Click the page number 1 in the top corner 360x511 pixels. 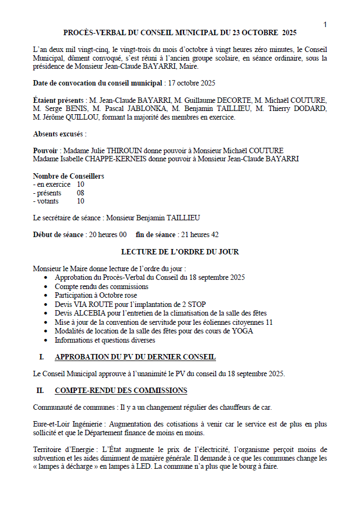tap(325, 24)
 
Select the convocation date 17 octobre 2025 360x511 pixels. tap(192, 83)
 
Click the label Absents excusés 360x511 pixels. tap(60, 134)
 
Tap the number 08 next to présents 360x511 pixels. tap(81, 193)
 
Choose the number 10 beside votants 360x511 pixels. tap(81, 201)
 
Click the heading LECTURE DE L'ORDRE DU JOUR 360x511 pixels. tap(180, 252)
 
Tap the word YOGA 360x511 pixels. tap(243, 331)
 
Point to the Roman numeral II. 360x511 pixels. tap(40, 390)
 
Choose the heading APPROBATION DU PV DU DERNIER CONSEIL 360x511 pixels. tap(135, 357)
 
